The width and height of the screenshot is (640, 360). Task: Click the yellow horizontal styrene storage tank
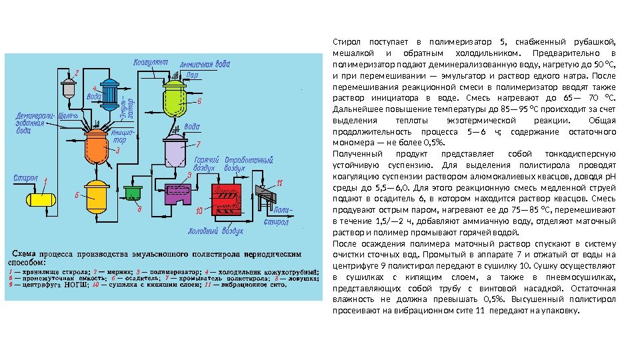[x=40, y=198]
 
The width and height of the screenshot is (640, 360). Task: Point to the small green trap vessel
[x=134, y=192]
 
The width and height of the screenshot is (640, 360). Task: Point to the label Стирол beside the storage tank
[x=25, y=178]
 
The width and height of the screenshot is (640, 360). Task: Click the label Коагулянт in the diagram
[x=151, y=62]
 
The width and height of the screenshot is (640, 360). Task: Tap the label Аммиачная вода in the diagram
[x=205, y=65]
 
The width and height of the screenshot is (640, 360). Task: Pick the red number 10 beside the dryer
[x=199, y=211]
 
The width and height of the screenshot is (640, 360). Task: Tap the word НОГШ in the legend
[x=80, y=285]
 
